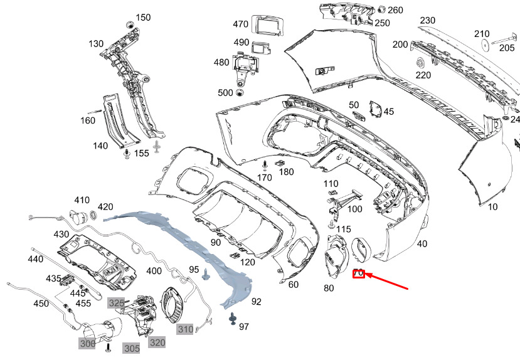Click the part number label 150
click(143, 18)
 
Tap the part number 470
click(241, 24)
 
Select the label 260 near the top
click(396, 10)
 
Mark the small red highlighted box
click(359, 273)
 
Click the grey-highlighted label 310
click(185, 329)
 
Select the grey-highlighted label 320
click(157, 342)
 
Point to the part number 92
click(256, 302)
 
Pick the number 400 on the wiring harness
click(154, 272)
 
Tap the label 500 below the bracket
click(225, 93)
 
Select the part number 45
click(389, 112)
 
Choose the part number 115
click(343, 230)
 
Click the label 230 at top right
click(428, 20)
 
